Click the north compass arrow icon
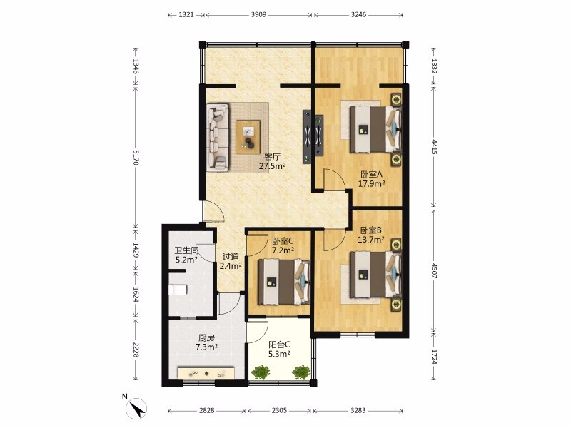pyautogui.click(x=136, y=409)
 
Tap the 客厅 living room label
pyautogui.click(x=272, y=157)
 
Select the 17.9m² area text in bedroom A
pyautogui.click(x=371, y=183)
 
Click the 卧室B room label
pyautogui.click(x=370, y=230)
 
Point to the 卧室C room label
pyautogui.click(x=283, y=241)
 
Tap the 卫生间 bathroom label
pyautogui.click(x=186, y=251)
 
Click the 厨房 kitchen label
pyautogui.click(x=206, y=337)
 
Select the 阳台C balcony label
pyautogui.click(x=279, y=345)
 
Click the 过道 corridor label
pyautogui.click(x=231, y=257)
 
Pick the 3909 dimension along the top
pyautogui.click(x=258, y=14)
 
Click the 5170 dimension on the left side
pyautogui.click(x=136, y=157)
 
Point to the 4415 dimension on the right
pyautogui.click(x=434, y=146)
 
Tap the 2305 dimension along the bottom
pyautogui.click(x=279, y=411)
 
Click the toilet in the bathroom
pyautogui.click(x=178, y=290)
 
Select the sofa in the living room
pyautogui.click(x=218, y=137)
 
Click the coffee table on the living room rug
pyautogui.click(x=248, y=137)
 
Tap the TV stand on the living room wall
pyautogui.click(x=313, y=137)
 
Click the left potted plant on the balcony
pyautogui.click(x=261, y=372)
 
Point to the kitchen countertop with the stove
pyautogui.click(x=206, y=373)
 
